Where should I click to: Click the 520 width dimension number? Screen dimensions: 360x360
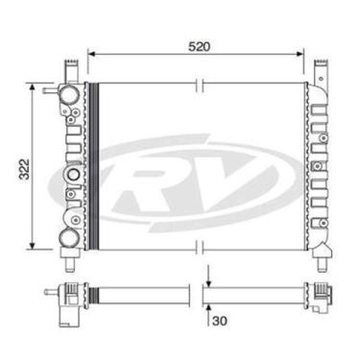[x=199, y=45]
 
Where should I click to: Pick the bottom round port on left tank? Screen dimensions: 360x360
[x=70, y=237]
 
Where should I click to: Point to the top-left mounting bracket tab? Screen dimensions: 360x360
[x=69, y=69]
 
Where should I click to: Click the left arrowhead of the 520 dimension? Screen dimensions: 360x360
[x=91, y=55]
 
